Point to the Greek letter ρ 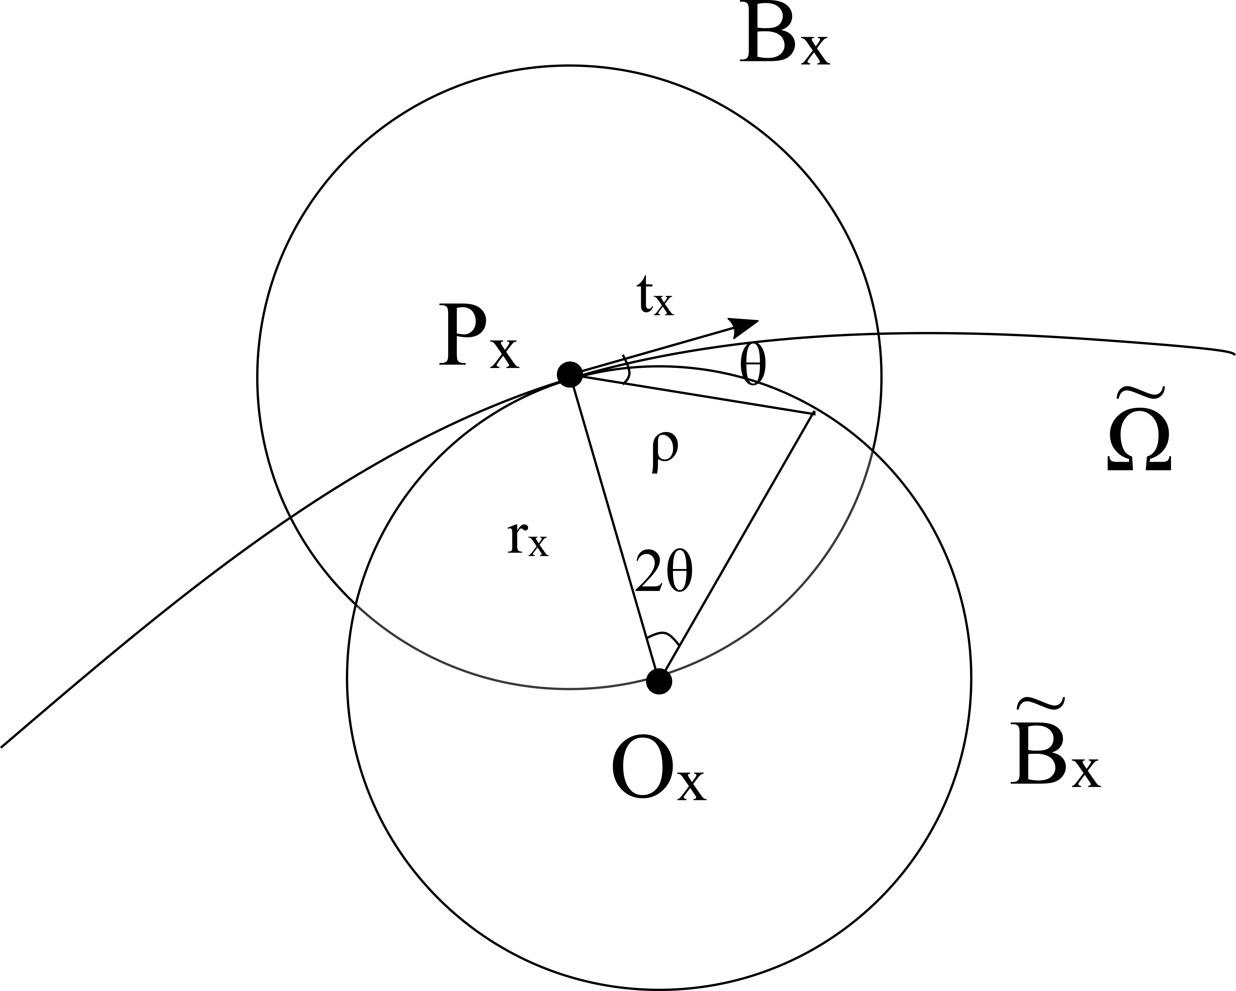[664, 451]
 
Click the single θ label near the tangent [753, 365]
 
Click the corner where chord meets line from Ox [813, 414]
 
